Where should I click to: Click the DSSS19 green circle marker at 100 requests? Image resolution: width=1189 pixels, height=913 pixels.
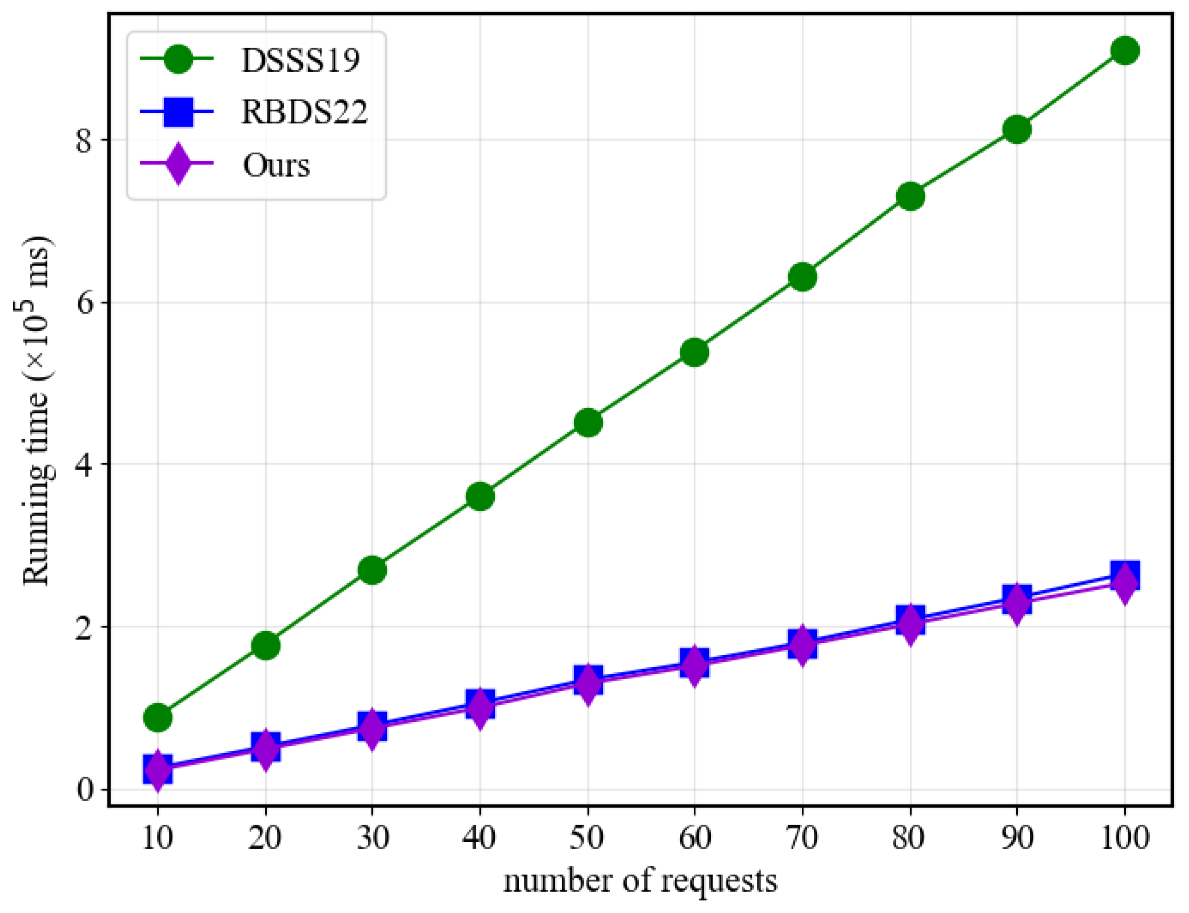tap(1124, 51)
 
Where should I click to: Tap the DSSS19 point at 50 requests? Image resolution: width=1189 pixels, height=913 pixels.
tap(587, 422)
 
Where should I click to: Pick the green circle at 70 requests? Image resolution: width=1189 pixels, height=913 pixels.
tap(802, 277)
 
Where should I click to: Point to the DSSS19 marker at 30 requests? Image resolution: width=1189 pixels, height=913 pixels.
tap(372, 570)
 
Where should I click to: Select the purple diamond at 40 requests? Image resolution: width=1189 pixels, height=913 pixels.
tap(479, 708)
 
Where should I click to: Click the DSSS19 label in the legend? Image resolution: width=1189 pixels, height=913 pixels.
tap(301, 60)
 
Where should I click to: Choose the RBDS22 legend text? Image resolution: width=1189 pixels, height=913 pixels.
tap(304, 112)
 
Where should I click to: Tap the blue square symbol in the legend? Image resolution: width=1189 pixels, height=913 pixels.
tap(178, 111)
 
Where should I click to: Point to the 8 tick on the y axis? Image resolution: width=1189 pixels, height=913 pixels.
tap(84, 141)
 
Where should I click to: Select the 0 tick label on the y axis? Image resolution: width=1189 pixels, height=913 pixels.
tap(84, 789)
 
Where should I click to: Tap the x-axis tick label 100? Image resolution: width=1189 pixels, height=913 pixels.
tap(1124, 838)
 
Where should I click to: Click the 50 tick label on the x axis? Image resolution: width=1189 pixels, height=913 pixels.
tap(587, 838)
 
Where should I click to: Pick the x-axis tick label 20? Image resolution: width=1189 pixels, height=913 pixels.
tap(265, 838)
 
